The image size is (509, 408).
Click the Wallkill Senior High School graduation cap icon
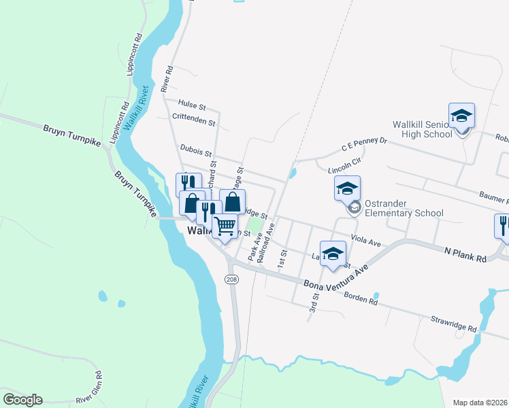[x=461, y=116]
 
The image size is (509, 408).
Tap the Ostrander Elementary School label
[x=404, y=208]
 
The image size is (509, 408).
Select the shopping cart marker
[x=225, y=226]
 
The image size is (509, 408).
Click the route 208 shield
[x=231, y=279]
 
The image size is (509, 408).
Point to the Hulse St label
[x=192, y=105]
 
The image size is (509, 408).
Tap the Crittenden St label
[x=194, y=123]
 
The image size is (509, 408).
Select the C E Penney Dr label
[x=364, y=144]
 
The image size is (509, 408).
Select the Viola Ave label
[x=367, y=240]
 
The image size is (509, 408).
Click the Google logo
[x=22, y=400]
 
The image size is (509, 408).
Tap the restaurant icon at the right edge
[x=502, y=226]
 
